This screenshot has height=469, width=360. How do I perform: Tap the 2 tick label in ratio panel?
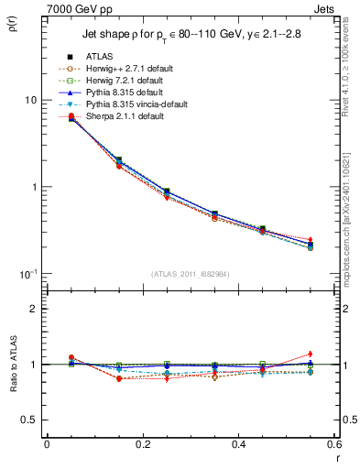(35, 310)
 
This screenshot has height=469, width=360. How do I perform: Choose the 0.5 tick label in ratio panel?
(31, 420)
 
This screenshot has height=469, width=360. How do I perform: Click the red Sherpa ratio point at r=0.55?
(310, 354)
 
